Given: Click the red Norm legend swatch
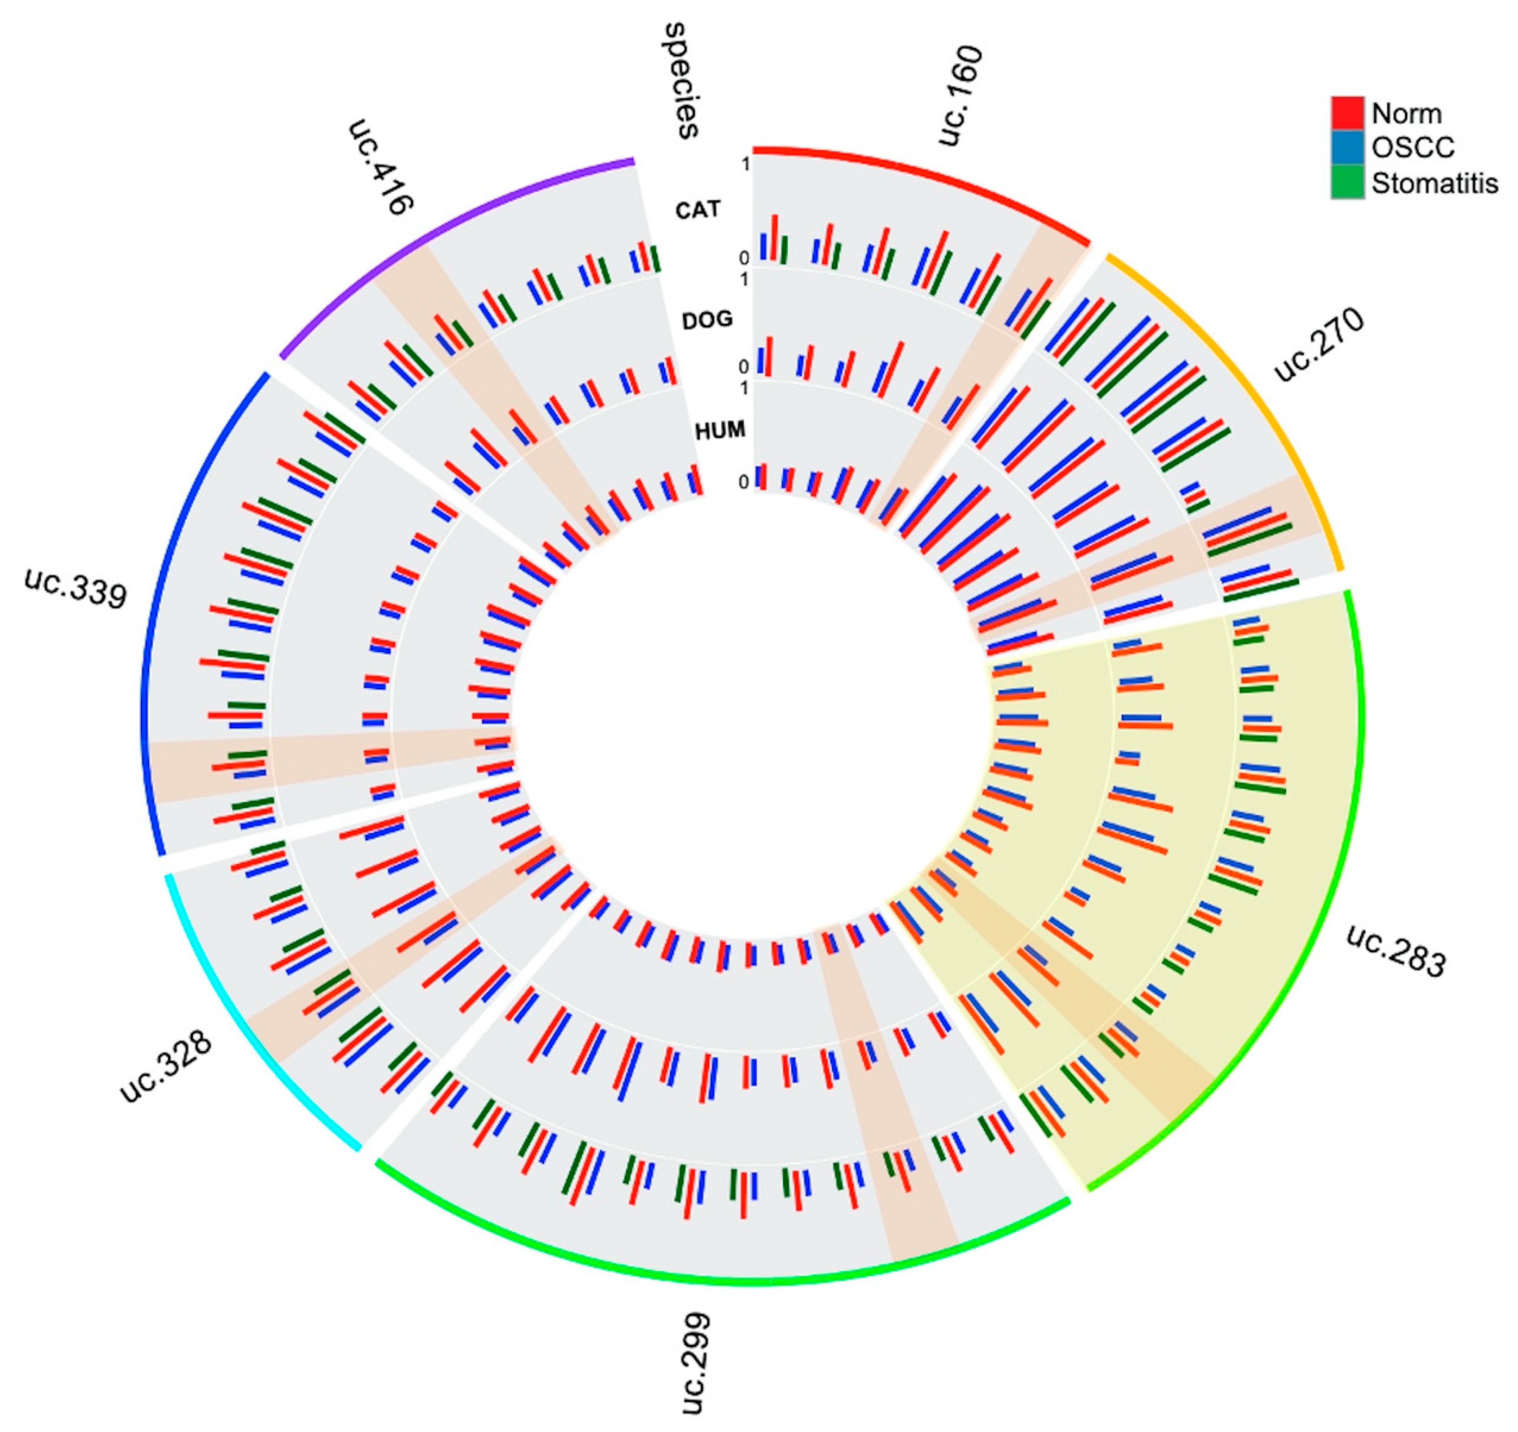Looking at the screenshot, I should [x=1347, y=113].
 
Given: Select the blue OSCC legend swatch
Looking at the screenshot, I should [x=1347, y=147].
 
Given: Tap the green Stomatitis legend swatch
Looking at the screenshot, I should [x=1347, y=183].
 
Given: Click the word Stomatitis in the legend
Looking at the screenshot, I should [x=1434, y=184].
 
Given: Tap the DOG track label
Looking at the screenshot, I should [x=707, y=320].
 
